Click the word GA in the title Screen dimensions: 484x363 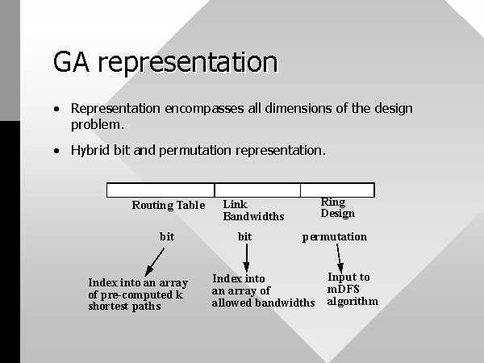(x=71, y=62)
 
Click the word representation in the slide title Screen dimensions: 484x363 (x=188, y=63)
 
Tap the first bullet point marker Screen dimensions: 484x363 (x=56, y=109)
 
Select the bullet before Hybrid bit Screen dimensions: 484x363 (x=56, y=151)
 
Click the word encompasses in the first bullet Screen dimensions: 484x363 (x=204, y=109)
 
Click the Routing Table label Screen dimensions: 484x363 (x=169, y=205)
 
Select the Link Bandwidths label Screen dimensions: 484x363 (x=253, y=211)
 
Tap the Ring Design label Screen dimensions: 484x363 (x=338, y=207)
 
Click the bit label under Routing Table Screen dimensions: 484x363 (x=167, y=236)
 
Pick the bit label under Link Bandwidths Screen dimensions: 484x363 (x=244, y=236)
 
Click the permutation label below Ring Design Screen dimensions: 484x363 (x=335, y=236)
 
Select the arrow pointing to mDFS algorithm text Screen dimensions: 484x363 (x=339, y=258)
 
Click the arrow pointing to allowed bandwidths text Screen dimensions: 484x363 (x=246, y=258)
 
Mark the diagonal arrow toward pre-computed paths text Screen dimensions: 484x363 (x=154, y=262)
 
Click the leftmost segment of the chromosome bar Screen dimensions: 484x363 (x=161, y=190)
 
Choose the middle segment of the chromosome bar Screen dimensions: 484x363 (x=257, y=190)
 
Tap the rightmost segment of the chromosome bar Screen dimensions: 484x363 (x=338, y=190)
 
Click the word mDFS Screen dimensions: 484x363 (x=344, y=289)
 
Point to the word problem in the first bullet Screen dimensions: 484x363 (x=98, y=125)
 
